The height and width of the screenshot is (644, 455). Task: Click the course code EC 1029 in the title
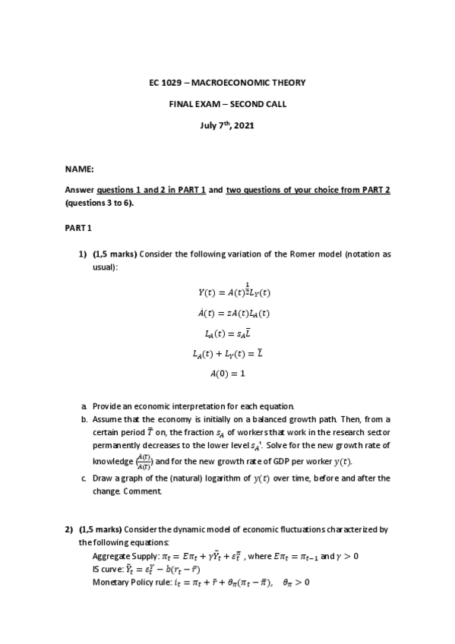pos(166,82)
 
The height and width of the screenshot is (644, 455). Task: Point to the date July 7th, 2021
pos(228,125)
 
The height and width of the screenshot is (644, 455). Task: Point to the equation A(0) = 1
pos(228,374)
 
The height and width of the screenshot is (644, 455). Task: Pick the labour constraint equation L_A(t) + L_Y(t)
pos(228,353)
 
